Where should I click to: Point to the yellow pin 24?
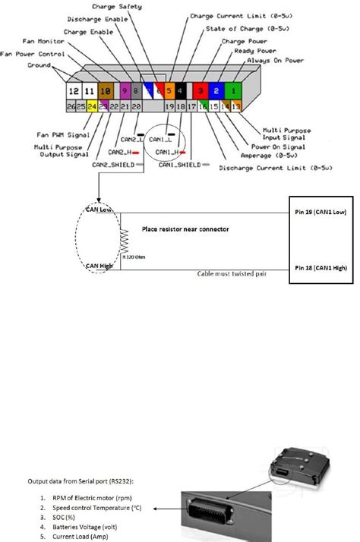tap(92, 108)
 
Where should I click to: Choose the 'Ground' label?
tap(37, 65)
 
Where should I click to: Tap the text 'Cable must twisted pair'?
tap(232, 274)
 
